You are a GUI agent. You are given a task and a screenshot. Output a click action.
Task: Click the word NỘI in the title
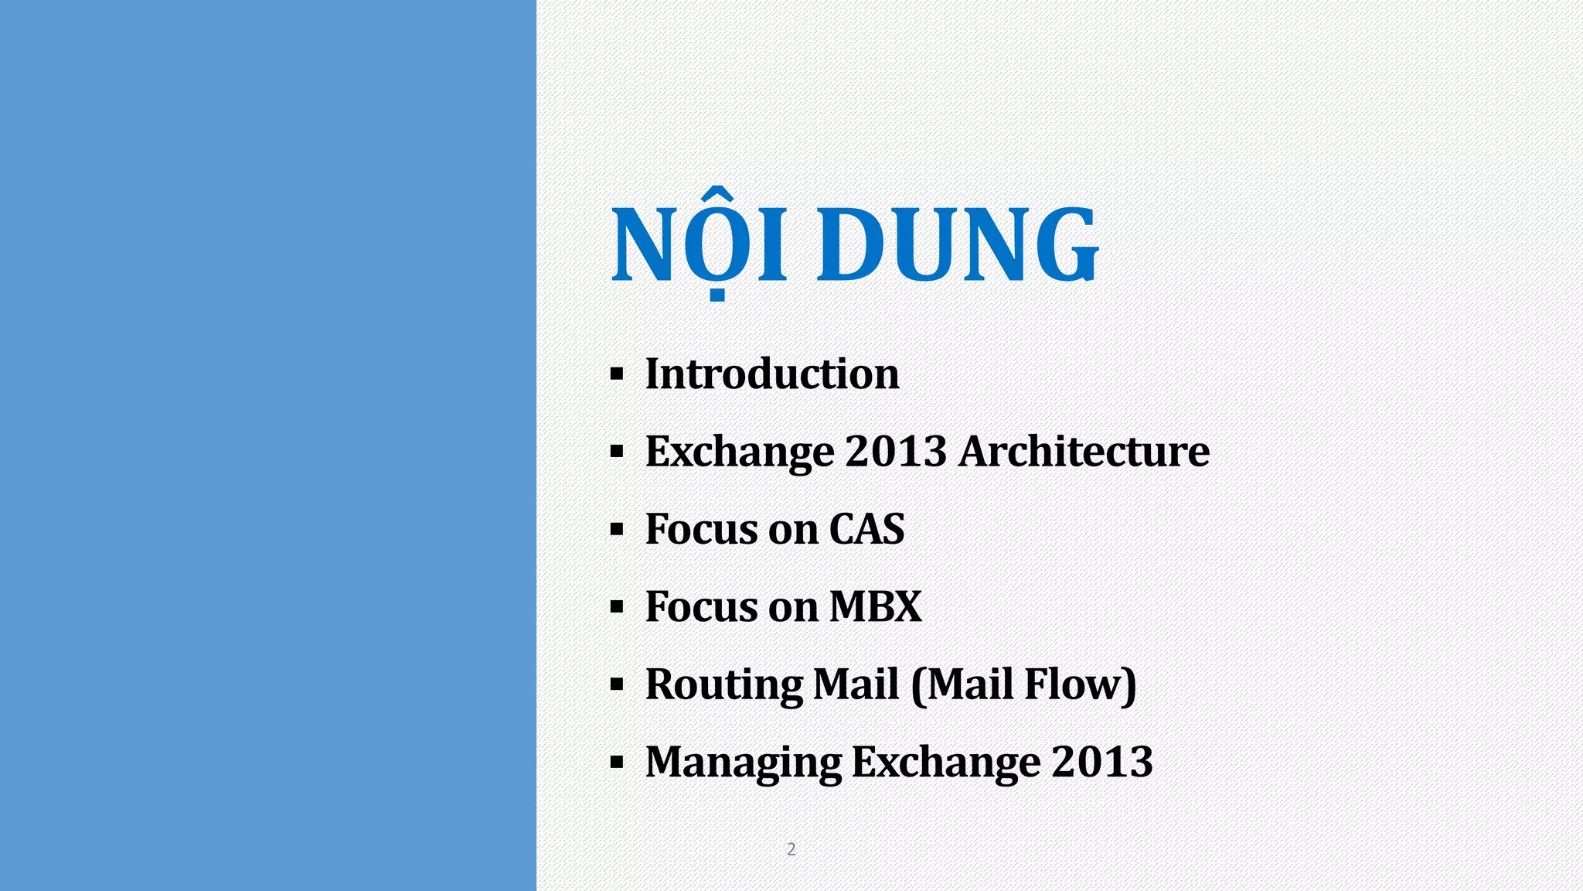click(700, 246)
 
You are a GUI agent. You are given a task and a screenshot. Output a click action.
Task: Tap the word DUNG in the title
click(957, 246)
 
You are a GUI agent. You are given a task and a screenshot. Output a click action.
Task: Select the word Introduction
click(772, 374)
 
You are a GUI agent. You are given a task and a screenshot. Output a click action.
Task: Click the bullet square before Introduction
click(616, 375)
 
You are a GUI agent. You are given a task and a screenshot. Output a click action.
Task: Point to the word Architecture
click(1084, 452)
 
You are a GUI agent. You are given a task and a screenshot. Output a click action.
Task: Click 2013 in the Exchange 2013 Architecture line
click(896, 452)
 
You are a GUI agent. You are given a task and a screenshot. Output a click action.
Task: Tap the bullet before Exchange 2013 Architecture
click(616, 452)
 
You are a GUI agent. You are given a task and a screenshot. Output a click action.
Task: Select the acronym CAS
click(866, 530)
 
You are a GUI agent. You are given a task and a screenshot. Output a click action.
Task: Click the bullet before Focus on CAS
click(616, 530)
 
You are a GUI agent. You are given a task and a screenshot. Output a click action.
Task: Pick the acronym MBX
click(876, 607)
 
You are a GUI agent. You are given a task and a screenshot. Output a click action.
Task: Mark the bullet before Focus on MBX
click(616, 607)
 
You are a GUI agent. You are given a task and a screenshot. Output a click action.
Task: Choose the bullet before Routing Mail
click(616, 684)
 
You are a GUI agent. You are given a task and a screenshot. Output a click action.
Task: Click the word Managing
click(743, 763)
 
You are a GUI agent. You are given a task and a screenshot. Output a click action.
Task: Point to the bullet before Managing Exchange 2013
click(616, 763)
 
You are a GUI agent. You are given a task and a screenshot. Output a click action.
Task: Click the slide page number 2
click(791, 849)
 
